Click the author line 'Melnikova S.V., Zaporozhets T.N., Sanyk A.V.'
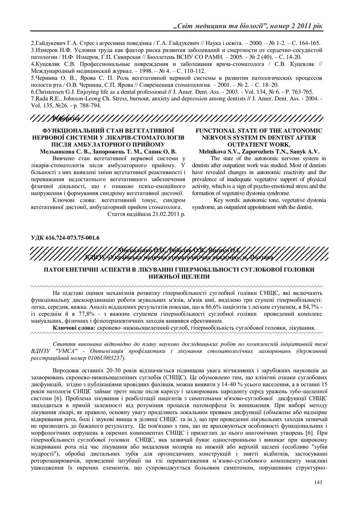(x=259, y=152)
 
